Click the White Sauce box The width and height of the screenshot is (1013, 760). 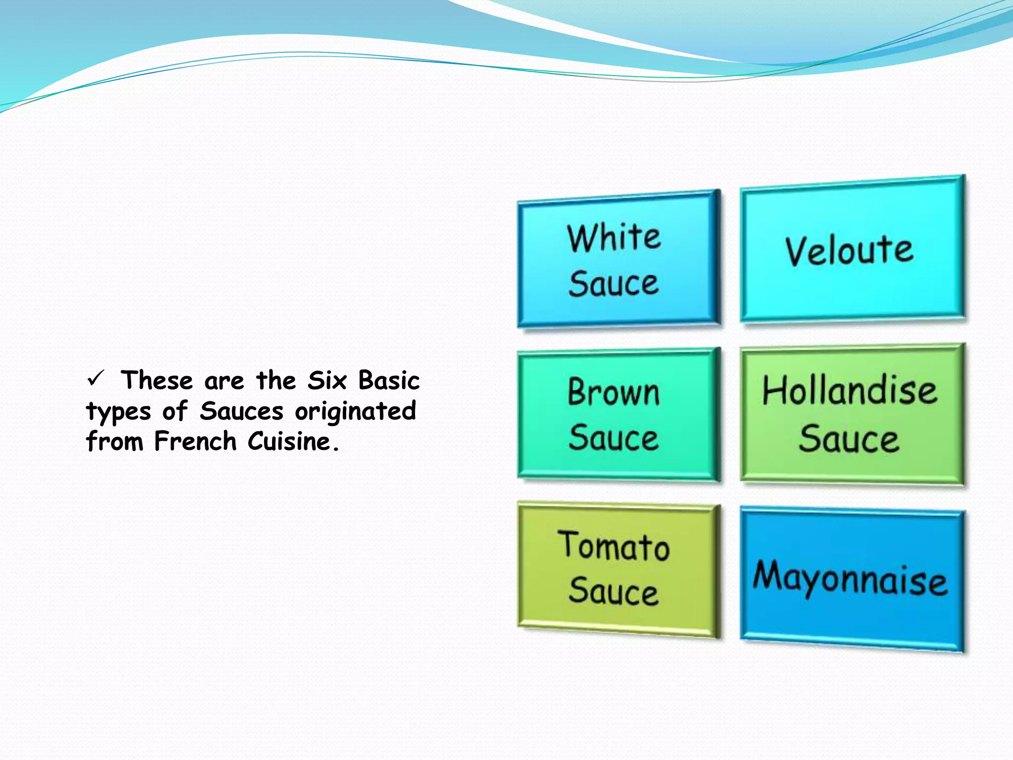click(618, 260)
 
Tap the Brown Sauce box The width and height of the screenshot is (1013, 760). click(618, 415)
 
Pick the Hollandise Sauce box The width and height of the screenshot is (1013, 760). click(852, 415)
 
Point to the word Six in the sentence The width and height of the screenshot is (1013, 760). click(326, 381)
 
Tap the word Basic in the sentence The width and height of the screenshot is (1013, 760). click(389, 381)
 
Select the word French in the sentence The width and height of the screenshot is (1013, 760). click(195, 441)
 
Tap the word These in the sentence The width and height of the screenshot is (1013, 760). click(157, 381)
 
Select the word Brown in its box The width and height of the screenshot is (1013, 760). click(614, 392)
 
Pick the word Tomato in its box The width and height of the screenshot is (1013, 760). click(614, 546)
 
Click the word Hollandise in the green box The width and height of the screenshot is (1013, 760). click(850, 391)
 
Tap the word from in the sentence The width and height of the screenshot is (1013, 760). click(114, 441)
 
